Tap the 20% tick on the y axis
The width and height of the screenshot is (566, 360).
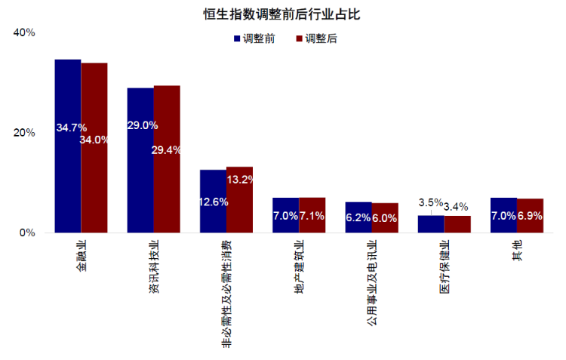25,133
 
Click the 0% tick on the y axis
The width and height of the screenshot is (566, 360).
28,232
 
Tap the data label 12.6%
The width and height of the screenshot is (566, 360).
214,202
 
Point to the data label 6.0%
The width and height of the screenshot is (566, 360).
385,217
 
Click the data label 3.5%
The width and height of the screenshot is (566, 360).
431,202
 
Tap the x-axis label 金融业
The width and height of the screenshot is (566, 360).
81,257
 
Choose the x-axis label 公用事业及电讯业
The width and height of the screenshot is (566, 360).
371,284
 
